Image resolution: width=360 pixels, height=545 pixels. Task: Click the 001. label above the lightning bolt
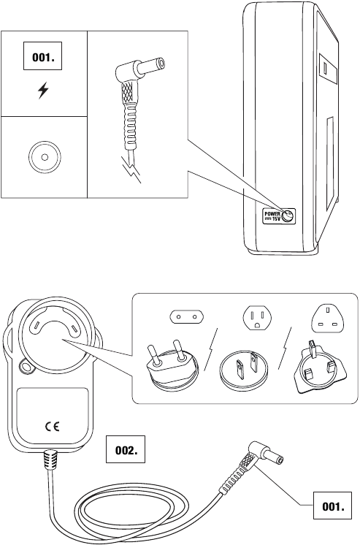click(42, 57)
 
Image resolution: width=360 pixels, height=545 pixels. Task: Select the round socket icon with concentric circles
click(43, 156)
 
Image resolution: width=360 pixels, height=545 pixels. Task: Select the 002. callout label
click(125, 450)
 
